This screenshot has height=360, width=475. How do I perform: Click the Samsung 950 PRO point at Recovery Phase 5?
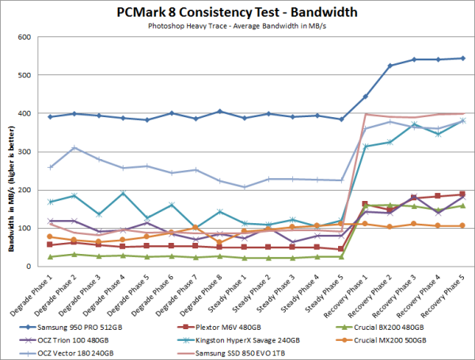(462, 59)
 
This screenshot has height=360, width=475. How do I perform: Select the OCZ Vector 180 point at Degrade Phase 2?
(74, 148)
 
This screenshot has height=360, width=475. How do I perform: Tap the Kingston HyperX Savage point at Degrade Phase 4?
(122, 193)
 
